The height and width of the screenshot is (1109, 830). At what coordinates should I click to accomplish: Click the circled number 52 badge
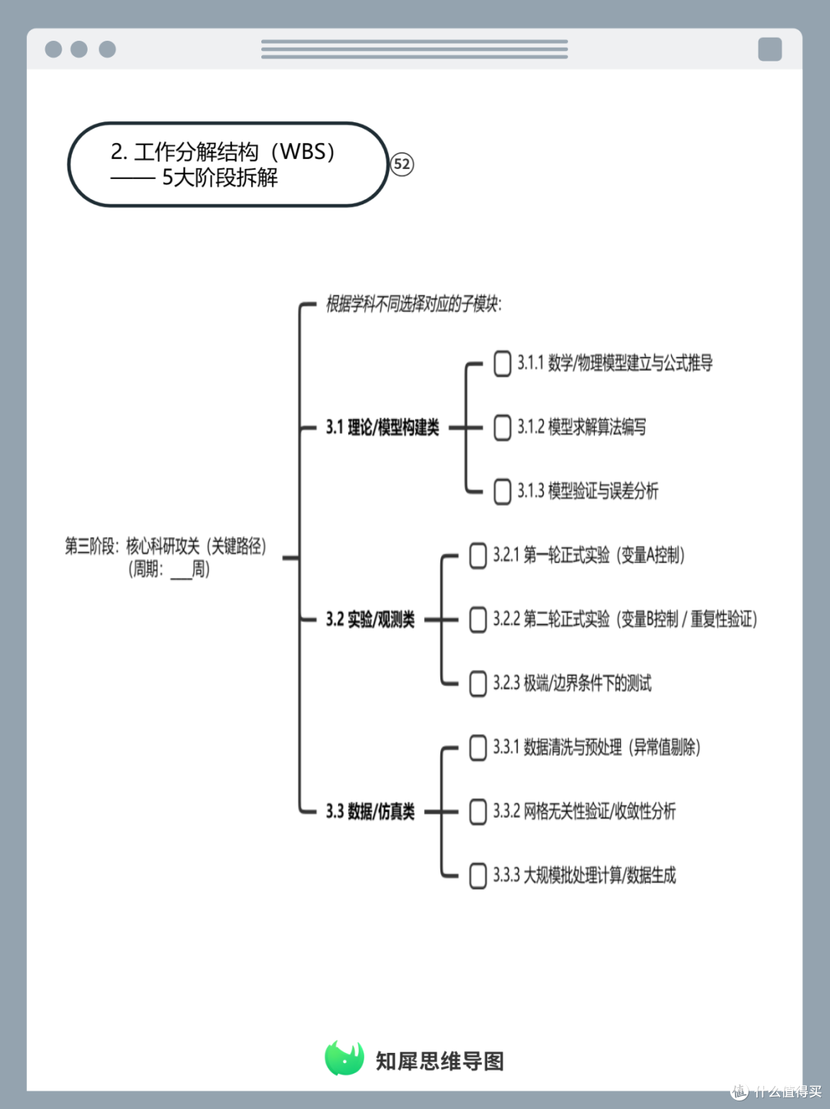coord(402,164)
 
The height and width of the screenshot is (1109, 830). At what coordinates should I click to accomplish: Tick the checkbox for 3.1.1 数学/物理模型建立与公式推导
coord(502,364)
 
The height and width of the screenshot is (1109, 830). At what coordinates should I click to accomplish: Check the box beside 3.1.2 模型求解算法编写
coord(502,428)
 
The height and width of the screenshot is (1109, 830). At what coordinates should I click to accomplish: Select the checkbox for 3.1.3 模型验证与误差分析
coord(502,492)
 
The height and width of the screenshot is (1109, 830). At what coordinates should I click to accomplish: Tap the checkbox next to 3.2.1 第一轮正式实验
coord(478,556)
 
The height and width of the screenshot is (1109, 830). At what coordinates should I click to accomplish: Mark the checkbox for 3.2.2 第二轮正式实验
coord(478,620)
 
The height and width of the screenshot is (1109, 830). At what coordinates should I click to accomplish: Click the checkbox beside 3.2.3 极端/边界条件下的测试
coord(478,683)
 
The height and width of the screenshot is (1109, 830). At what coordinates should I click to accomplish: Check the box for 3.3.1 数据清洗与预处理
coord(478,748)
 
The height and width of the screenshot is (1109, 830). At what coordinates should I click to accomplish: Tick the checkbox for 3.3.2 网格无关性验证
coord(478,812)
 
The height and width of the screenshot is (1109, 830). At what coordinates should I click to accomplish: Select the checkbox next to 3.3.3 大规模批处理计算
coord(478,875)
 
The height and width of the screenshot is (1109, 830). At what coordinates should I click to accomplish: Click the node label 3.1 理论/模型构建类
coord(383,427)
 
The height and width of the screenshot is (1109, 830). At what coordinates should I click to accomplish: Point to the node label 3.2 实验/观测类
coord(370,619)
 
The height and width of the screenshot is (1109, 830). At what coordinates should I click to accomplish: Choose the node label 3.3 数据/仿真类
coord(370,812)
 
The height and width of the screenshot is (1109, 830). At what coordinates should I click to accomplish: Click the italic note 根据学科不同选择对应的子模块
coord(413,304)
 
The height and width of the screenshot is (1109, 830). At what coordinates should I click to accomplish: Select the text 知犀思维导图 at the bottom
coord(440,1061)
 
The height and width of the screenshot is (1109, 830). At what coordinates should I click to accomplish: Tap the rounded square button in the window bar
coord(770,49)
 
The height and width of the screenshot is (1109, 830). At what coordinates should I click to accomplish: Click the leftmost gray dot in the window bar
coord(54,49)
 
